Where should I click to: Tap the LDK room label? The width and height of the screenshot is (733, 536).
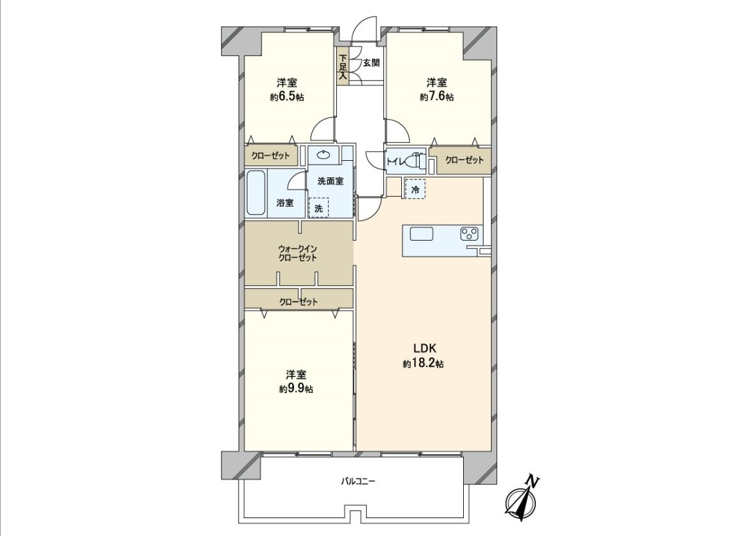[424, 348]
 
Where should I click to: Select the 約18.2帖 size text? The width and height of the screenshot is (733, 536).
[423, 364]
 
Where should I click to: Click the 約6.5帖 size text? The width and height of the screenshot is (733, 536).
[286, 98]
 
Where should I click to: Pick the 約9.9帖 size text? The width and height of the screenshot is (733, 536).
[295, 389]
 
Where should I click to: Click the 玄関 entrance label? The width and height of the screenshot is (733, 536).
[371, 63]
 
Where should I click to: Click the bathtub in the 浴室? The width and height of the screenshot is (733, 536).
[256, 193]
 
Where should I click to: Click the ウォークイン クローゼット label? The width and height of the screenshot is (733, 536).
[297, 253]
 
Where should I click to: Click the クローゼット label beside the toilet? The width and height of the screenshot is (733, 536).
[464, 160]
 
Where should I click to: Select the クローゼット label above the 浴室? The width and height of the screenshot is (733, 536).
[270, 156]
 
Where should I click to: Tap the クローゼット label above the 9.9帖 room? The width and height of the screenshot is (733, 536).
[299, 302]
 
